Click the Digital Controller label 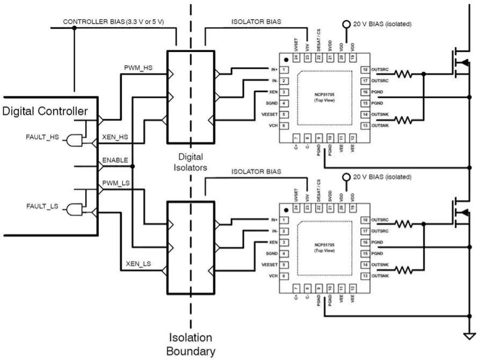click(x=45, y=112)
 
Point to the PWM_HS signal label click(x=138, y=68)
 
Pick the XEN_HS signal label click(x=115, y=137)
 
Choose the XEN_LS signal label click(x=138, y=264)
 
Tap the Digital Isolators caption click(x=191, y=162)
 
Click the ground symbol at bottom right click(x=469, y=336)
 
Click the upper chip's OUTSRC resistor click(x=404, y=75)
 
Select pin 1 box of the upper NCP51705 click(x=284, y=70)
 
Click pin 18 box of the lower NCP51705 click(x=365, y=220)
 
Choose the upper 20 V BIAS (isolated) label click(x=381, y=24)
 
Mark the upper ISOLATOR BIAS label click(x=256, y=22)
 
